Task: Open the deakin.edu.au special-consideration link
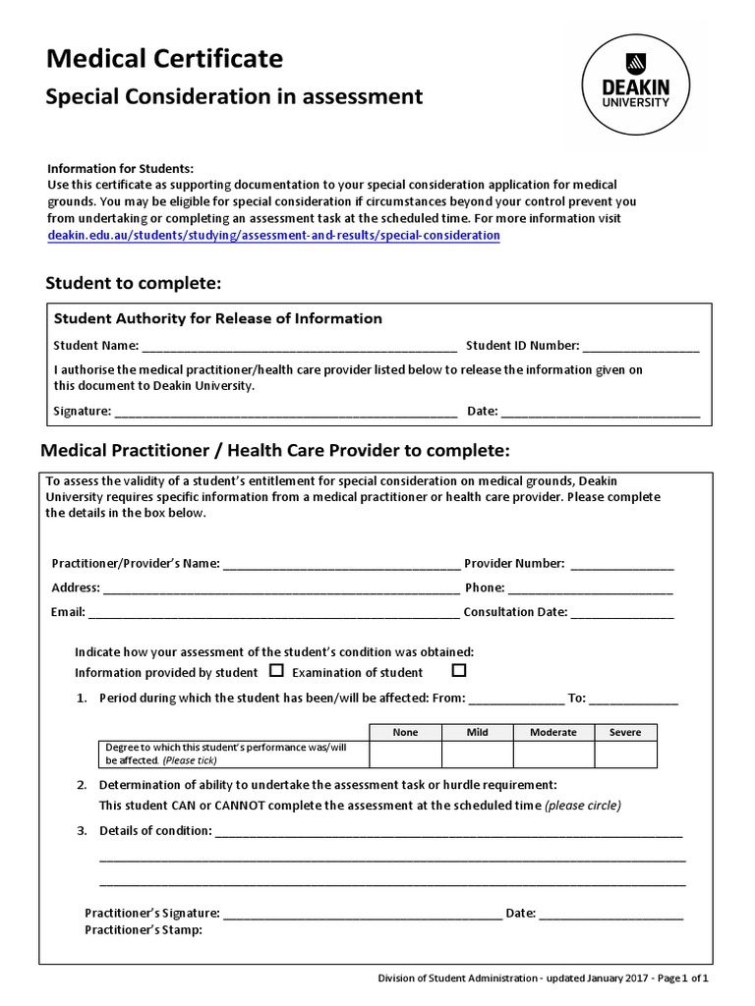click(x=273, y=236)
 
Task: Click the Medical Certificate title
click(x=164, y=59)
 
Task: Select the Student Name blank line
click(x=299, y=347)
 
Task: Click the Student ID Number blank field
click(x=640, y=347)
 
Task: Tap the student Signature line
click(x=285, y=413)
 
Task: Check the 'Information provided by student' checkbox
click(x=276, y=671)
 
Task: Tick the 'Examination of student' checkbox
click(x=458, y=671)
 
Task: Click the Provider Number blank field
click(x=621, y=565)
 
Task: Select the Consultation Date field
click(x=621, y=613)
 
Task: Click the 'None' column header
click(x=405, y=732)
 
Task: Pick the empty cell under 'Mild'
click(x=477, y=754)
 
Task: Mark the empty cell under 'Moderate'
click(x=552, y=754)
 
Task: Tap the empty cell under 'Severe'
click(x=624, y=754)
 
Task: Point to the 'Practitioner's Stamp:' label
click(x=144, y=929)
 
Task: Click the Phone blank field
click(x=590, y=589)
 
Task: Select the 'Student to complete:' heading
click(x=134, y=284)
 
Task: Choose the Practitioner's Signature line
click(x=362, y=915)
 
